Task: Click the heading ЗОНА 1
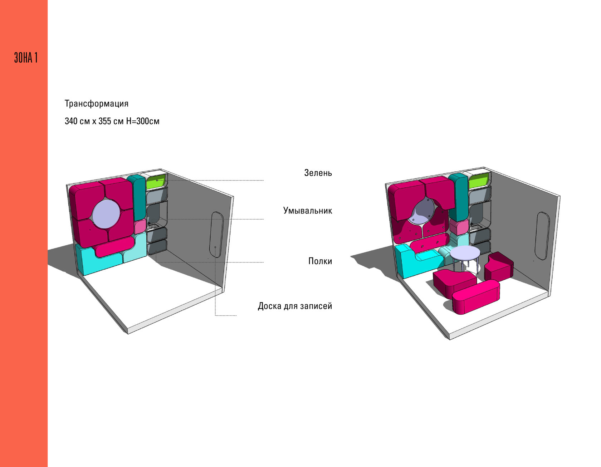[x=26, y=58]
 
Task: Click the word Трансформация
[x=96, y=104]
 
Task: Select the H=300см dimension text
[x=143, y=121]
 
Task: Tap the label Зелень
[x=318, y=173]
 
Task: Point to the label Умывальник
[x=307, y=211]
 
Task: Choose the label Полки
[x=320, y=261]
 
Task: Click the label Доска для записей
[x=295, y=306]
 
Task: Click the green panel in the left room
[x=156, y=182]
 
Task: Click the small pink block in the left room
[x=140, y=226]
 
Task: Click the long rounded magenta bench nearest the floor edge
[x=476, y=296]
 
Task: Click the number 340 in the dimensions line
[x=72, y=121]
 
